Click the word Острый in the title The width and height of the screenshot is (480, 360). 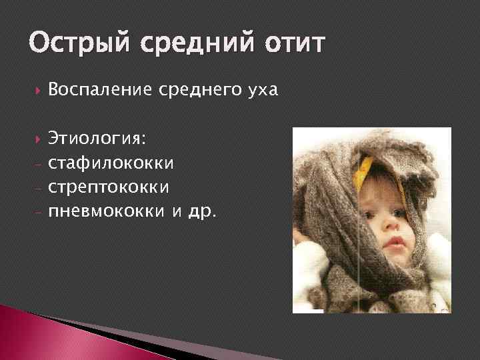[73, 44]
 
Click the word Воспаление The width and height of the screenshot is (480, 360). [101, 90]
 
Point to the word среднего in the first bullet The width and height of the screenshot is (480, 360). [195, 90]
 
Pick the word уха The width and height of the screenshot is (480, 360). [258, 90]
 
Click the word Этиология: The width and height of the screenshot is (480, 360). [99, 139]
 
